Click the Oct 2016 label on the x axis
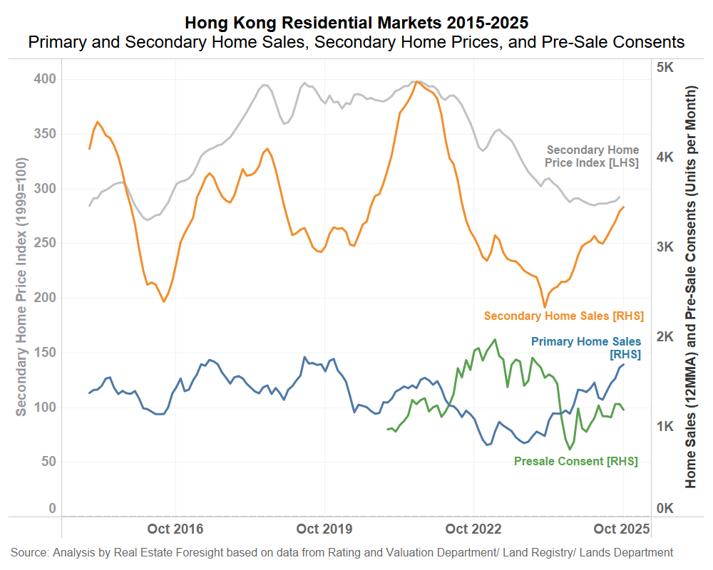[175, 529]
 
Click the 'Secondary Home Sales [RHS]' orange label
[563, 316]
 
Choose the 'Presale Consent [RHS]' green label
[575, 461]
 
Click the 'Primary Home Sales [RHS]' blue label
[586, 348]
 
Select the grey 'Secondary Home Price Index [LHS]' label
[593, 156]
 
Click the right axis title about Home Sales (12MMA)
[690, 286]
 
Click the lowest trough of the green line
[570, 450]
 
